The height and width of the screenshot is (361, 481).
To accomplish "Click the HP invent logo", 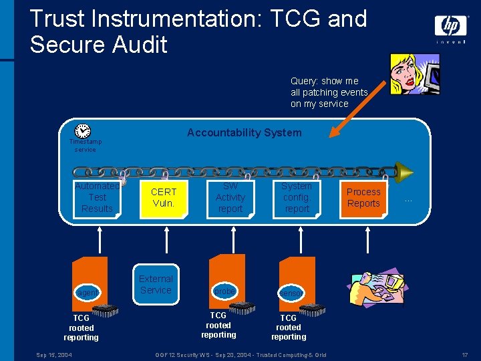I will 451,29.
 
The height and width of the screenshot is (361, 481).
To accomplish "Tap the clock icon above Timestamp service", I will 83,131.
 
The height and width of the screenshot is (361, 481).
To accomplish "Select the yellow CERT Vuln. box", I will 163,198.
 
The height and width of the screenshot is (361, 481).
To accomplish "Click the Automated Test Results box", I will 97,198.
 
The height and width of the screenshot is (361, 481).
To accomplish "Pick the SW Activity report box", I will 230,198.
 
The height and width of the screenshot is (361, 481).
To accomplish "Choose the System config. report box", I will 297,198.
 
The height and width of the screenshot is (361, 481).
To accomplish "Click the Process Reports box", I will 363,198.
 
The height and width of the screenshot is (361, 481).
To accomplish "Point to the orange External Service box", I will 156,285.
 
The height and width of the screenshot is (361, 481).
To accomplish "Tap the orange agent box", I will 89,285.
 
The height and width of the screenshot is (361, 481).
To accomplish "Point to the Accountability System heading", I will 244,132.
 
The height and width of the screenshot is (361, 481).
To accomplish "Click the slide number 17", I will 464,354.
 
